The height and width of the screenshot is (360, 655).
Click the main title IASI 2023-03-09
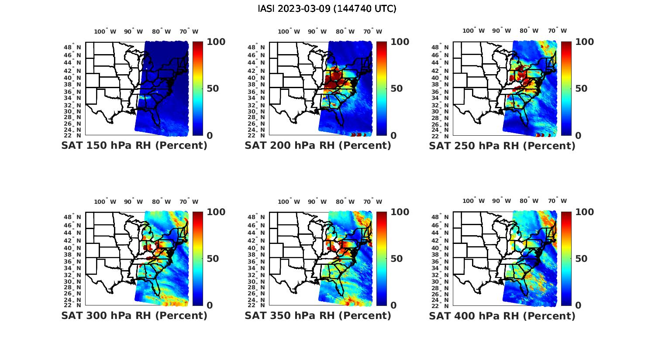[327, 9]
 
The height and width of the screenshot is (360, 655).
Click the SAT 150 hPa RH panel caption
[134, 146]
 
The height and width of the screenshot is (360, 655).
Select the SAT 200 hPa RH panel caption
[318, 146]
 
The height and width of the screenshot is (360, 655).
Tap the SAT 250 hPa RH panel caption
[502, 146]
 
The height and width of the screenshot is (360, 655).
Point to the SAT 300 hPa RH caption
[134, 315]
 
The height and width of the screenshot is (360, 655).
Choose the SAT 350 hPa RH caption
[318, 315]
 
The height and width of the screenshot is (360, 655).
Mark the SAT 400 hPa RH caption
[502, 315]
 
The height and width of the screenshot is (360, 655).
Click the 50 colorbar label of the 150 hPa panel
[212, 89]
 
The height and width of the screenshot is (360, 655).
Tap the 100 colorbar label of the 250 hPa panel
[585, 42]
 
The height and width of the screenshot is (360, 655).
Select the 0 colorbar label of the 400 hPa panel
[579, 305]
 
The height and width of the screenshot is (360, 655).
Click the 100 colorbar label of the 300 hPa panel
[216, 212]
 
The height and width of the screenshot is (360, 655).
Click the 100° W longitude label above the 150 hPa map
[105, 31]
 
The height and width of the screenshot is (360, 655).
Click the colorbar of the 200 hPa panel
[382, 89]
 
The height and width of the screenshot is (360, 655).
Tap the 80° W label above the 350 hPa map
[345, 202]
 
